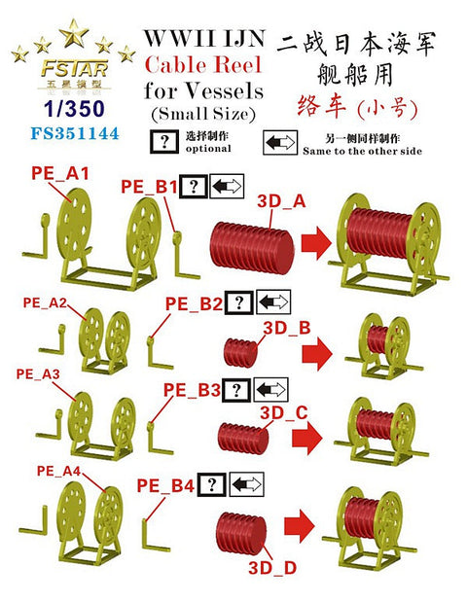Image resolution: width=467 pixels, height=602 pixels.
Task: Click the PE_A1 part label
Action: [60, 173]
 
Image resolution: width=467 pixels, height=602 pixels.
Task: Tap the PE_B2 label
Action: [194, 304]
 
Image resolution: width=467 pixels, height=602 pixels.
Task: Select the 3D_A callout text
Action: [281, 200]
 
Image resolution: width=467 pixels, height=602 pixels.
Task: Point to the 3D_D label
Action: [272, 567]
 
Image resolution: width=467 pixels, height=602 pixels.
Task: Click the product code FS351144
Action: [75, 133]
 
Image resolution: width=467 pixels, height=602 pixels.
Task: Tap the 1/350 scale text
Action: [74, 109]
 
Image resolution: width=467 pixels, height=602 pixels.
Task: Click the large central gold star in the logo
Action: [73, 33]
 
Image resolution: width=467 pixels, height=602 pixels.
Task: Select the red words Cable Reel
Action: [203, 64]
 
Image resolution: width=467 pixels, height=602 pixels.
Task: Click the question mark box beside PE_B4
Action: [212, 484]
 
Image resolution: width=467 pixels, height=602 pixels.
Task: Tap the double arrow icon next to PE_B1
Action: [227, 186]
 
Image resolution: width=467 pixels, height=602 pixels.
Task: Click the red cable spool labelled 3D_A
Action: [252, 248]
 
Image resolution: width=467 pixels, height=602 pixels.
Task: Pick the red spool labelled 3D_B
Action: [241, 352]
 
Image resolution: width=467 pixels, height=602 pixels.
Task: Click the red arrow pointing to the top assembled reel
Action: [316, 243]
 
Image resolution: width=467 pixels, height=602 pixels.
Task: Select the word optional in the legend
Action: [208, 148]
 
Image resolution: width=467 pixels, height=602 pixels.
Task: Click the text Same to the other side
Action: [362, 151]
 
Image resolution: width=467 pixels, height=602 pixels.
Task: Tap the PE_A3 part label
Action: [38, 374]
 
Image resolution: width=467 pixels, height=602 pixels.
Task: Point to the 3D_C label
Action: [284, 412]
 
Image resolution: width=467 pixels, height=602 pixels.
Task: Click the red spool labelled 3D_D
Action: [241, 533]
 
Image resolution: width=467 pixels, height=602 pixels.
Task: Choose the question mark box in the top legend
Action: [164, 142]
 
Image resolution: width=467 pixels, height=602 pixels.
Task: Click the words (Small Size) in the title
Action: [203, 114]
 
